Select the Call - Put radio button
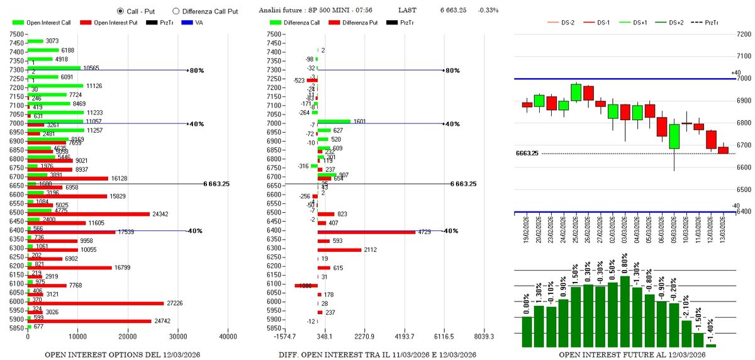121,11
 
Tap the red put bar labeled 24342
89,214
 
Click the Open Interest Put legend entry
110,23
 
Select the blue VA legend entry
195,23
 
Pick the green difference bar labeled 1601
333,121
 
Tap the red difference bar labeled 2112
339,249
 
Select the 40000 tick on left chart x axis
228,337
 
